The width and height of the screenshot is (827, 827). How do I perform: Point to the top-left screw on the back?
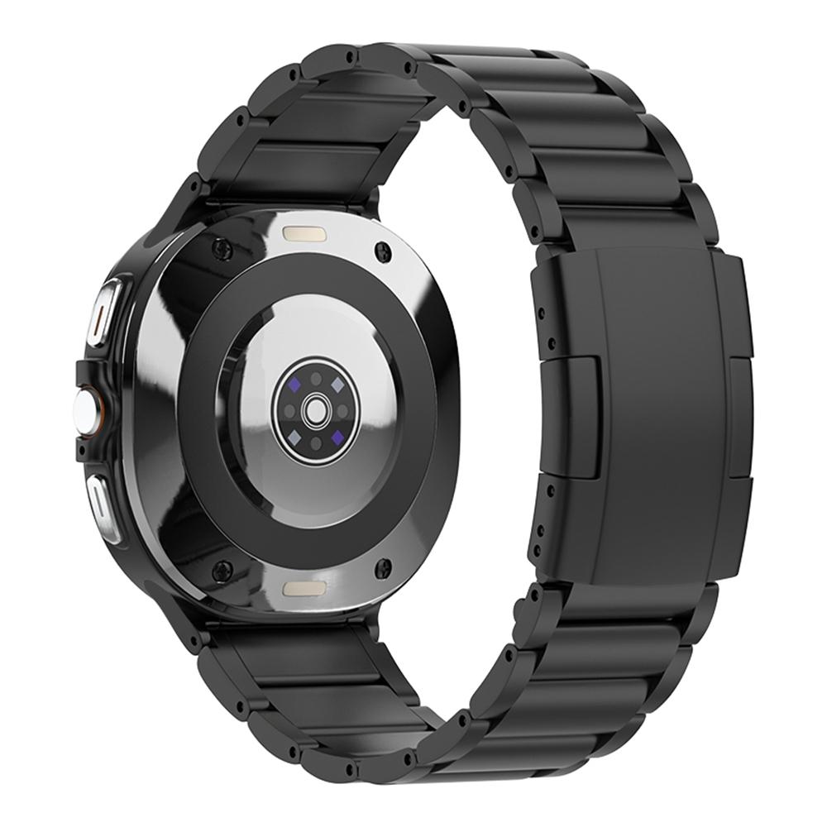(219, 246)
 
